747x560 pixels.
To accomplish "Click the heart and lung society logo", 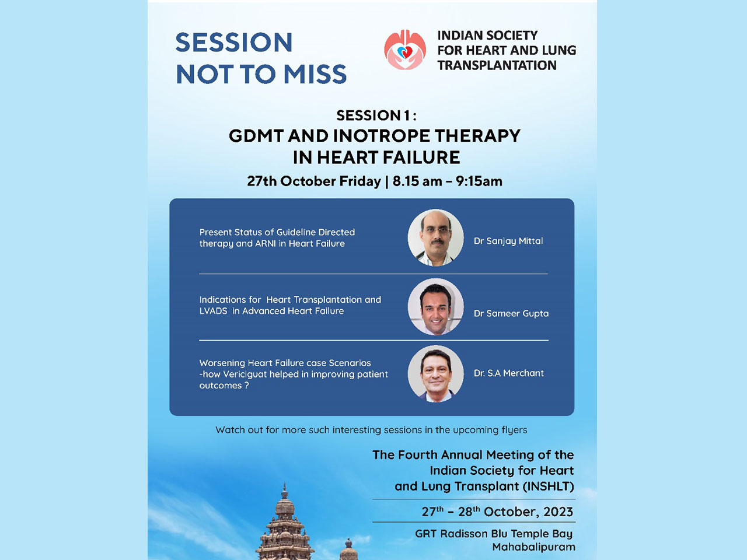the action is pos(405,50).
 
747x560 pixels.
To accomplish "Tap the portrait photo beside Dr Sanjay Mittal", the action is pos(435,237).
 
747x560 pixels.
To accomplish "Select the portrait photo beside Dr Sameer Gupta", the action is pos(435,307).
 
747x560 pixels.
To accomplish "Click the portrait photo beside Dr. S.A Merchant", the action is pos(435,374).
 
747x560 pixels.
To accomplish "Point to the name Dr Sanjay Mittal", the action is pos(508,241).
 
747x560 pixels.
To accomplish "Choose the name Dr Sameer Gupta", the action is pos(511,313).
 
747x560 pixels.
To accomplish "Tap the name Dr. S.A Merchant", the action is pos(509,373).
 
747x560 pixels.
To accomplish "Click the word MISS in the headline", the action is pos(315,74).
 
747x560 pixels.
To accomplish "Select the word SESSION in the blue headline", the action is pos(234,42).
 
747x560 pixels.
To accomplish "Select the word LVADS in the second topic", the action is pos(213,311).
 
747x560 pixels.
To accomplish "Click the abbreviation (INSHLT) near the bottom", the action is pos(548,487).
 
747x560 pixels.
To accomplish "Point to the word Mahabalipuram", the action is pos(533,547).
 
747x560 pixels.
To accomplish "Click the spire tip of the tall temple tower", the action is pos(285,483).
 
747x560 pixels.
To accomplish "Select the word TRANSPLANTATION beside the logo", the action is pos(497,65).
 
